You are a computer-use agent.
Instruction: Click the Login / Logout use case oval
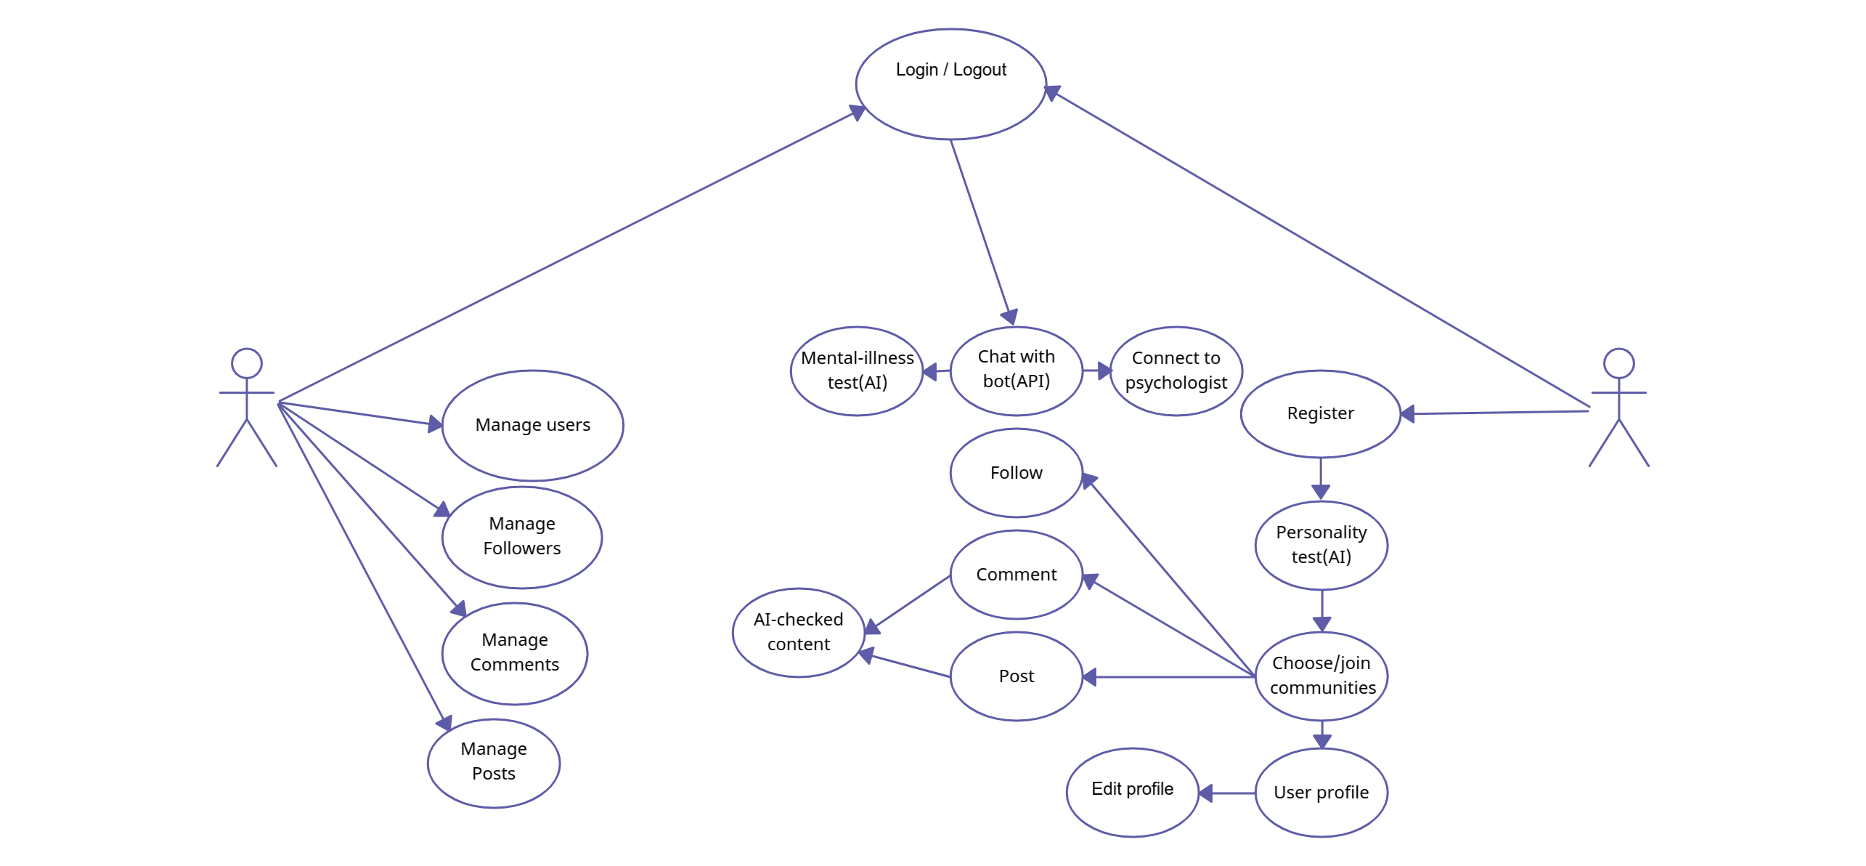point(950,84)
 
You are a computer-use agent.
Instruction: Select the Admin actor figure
point(247,406)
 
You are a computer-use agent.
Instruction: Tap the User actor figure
point(1618,406)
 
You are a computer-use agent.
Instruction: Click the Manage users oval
point(532,425)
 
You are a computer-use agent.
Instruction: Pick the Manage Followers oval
point(522,537)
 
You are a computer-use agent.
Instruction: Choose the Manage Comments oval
point(515,653)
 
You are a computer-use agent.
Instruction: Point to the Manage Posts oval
point(494,762)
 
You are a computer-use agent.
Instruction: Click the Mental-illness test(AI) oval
point(857,371)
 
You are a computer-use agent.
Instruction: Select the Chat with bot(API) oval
point(1016,370)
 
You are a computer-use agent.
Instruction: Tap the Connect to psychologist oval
point(1176,371)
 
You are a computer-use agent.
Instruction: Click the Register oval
point(1320,413)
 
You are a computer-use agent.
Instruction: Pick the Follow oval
point(1016,473)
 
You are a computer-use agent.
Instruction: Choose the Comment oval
point(1016,575)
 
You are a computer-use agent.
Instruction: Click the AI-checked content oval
point(798,632)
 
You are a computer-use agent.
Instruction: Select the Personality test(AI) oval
point(1321,545)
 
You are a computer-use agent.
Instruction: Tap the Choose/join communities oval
point(1321,676)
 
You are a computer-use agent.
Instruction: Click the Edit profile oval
point(1132,791)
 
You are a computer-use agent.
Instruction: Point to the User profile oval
point(1321,793)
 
